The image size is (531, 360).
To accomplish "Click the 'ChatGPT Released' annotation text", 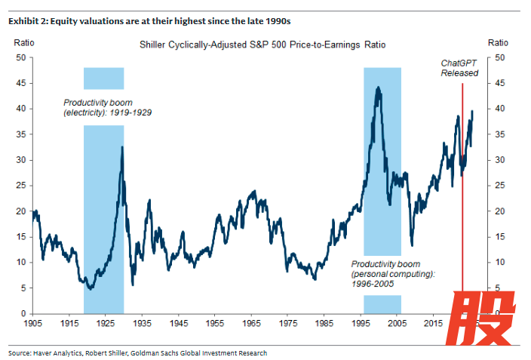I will (x=459, y=68).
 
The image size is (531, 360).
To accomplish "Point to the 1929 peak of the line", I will (x=122, y=147).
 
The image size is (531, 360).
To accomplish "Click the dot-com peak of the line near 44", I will (x=377, y=88).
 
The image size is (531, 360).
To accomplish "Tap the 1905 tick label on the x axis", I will (x=32, y=323).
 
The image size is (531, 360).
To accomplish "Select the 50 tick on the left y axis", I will (x=20, y=57).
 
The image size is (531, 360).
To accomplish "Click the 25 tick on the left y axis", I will (x=20, y=186).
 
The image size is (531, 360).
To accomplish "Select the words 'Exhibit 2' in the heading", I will (x=25, y=20).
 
